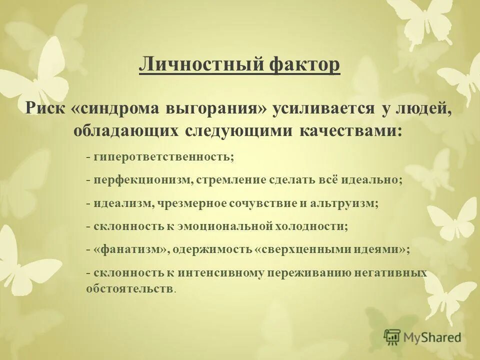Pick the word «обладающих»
[126, 130]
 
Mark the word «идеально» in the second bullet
[372, 180]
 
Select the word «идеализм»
[118, 203]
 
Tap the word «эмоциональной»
[229, 226]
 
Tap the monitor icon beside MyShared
[392, 336]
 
